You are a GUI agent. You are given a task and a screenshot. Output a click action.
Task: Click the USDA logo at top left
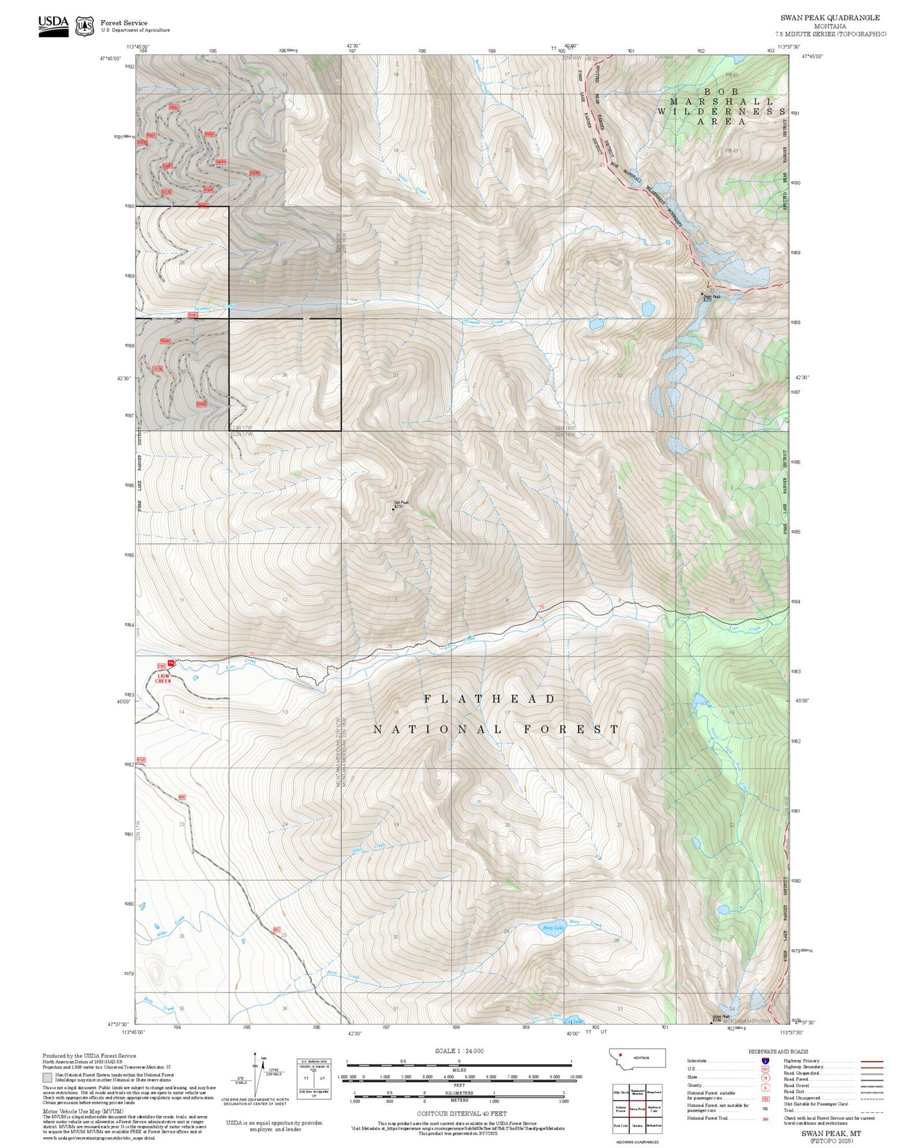tap(53, 25)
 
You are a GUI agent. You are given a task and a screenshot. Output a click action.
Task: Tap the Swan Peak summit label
tap(712, 297)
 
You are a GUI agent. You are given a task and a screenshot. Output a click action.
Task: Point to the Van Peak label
tap(401, 504)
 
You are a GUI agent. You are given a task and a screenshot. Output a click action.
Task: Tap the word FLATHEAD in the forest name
tap(490, 699)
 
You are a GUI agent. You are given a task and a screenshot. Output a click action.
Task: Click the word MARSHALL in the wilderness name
tap(721, 101)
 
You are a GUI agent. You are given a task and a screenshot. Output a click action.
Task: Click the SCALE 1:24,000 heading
tap(459, 1051)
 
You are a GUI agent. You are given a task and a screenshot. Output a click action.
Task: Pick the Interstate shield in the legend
tap(765, 1061)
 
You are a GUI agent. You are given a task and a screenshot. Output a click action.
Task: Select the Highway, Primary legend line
tap(872, 1061)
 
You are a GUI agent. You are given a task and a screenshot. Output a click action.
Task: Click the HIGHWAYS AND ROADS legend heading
tap(778, 1051)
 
